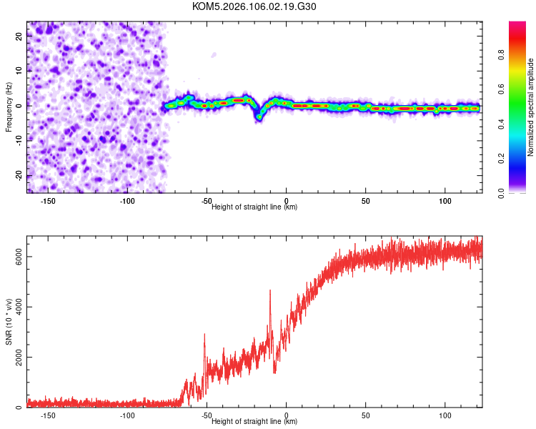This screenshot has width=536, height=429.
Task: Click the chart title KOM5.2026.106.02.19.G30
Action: pyautogui.click(x=254, y=6)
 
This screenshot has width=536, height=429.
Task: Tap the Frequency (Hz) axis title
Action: pyautogui.click(x=9, y=107)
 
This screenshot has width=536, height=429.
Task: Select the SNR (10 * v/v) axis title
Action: pyautogui.click(x=9, y=321)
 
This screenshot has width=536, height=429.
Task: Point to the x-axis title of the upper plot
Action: pyautogui.click(x=254, y=207)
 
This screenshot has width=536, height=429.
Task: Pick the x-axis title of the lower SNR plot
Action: pyautogui.click(x=254, y=422)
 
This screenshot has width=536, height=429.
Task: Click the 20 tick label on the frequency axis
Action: pyautogui.click(x=19, y=38)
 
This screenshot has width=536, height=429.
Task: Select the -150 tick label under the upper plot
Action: pyautogui.click(x=49, y=201)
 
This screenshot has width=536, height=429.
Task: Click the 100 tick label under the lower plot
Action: pyautogui.click(x=445, y=415)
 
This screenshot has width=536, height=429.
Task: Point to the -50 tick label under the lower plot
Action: pyautogui.click(x=207, y=415)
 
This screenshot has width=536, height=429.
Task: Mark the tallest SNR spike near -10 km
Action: pyautogui.click(x=270, y=290)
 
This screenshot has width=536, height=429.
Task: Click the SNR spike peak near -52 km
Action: pyautogui.click(x=204, y=334)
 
